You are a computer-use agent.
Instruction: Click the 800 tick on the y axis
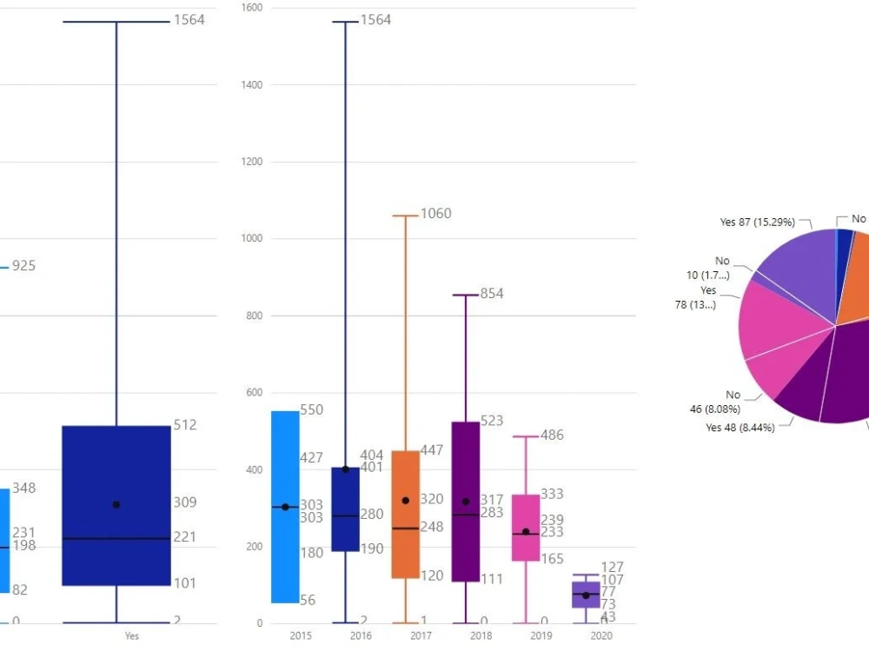click(254, 316)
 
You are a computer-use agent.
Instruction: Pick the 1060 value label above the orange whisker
click(435, 214)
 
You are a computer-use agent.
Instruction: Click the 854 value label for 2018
click(491, 294)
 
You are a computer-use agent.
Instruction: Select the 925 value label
click(23, 266)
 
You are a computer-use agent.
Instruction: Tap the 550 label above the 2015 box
click(311, 409)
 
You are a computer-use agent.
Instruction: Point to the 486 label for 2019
click(551, 435)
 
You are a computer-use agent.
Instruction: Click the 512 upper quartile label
click(184, 425)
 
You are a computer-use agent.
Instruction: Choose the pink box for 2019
click(526, 527)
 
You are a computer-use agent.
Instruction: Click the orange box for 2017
click(405, 514)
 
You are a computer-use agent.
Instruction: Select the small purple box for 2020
click(586, 595)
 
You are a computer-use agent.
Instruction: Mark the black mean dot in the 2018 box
click(466, 502)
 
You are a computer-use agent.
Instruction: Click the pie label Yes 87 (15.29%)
click(757, 223)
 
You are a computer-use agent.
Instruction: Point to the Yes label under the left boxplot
click(131, 636)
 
